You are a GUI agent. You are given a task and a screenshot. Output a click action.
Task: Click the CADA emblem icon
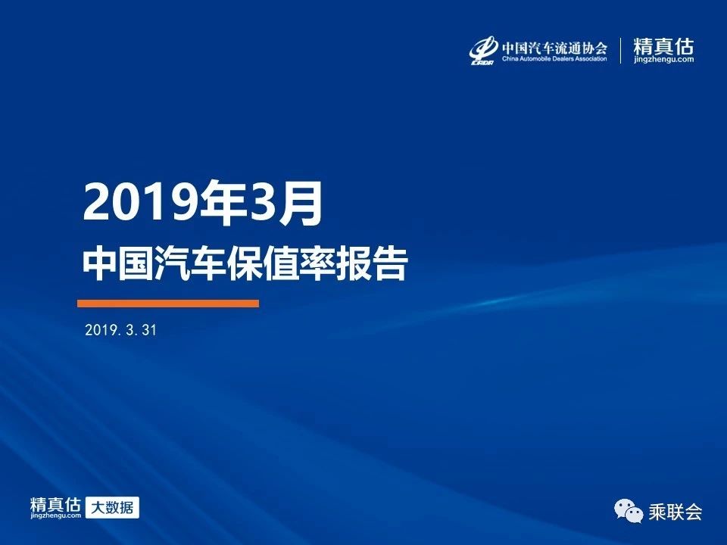click(483, 51)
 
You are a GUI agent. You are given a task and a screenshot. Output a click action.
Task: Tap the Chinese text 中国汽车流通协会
click(554, 47)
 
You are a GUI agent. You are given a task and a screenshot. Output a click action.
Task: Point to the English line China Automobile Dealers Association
click(554, 59)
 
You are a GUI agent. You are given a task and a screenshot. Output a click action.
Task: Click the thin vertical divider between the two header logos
click(621, 51)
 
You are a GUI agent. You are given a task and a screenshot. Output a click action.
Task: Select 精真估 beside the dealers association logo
click(663, 46)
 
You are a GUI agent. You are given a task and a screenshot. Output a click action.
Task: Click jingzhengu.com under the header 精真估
click(664, 59)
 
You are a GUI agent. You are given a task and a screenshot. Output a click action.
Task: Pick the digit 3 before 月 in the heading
click(264, 203)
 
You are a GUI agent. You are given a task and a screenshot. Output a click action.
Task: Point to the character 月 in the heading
click(300, 203)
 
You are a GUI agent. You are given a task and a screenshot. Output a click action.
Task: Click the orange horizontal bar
click(168, 304)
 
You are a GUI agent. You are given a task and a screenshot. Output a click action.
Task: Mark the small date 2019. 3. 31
click(121, 330)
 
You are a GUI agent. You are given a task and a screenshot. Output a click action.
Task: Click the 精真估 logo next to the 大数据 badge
click(55, 507)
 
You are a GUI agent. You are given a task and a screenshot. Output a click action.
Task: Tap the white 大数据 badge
click(112, 507)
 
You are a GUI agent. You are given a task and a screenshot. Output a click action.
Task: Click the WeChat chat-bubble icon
click(629, 511)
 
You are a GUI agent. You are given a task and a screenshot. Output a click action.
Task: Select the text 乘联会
click(675, 512)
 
